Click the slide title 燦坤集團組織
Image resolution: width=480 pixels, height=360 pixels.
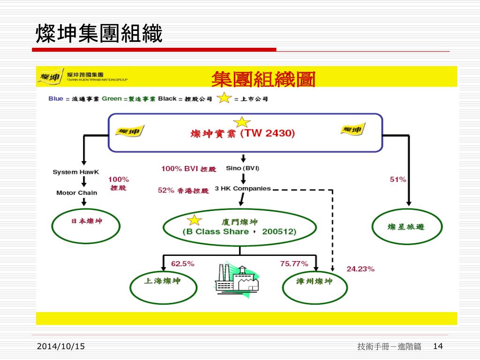(x=99, y=34)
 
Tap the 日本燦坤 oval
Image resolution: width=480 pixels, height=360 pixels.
(x=83, y=224)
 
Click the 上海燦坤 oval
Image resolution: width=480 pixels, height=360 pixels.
(x=162, y=286)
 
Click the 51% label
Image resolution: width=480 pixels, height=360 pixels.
(x=398, y=180)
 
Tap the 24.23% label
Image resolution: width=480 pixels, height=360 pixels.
(x=360, y=269)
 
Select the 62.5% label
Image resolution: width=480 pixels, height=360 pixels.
(x=182, y=264)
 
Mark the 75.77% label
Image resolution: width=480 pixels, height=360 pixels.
(x=294, y=264)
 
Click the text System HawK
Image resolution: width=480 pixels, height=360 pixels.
(x=76, y=172)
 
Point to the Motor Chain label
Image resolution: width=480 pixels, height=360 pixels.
(x=77, y=193)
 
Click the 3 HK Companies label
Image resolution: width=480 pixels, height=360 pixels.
(x=243, y=188)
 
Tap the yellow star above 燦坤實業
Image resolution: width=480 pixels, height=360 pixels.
(x=242, y=122)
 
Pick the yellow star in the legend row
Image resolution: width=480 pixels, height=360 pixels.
(x=225, y=99)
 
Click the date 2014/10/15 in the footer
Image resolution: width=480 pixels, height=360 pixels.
(x=61, y=346)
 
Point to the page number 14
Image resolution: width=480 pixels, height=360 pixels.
(x=438, y=346)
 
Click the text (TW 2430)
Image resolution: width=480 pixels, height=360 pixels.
(x=268, y=134)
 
